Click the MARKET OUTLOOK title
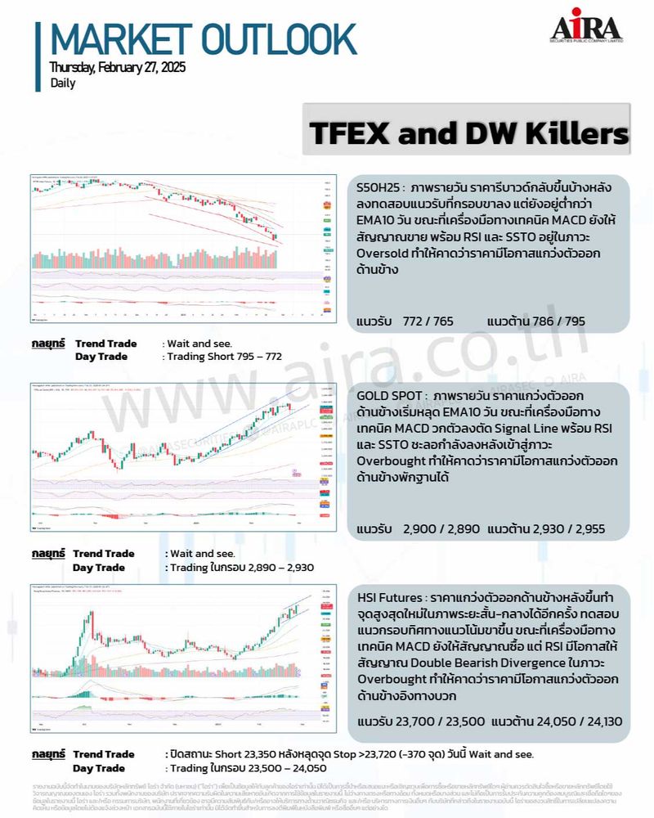(x=203, y=39)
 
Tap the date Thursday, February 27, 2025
(x=117, y=67)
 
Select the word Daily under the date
(x=62, y=83)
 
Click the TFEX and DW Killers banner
(x=468, y=132)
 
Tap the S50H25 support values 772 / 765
(x=428, y=322)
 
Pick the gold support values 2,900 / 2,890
(x=441, y=529)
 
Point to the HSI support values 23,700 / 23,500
(x=441, y=721)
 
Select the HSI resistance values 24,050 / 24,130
(x=572, y=721)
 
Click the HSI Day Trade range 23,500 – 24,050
(x=274, y=768)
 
